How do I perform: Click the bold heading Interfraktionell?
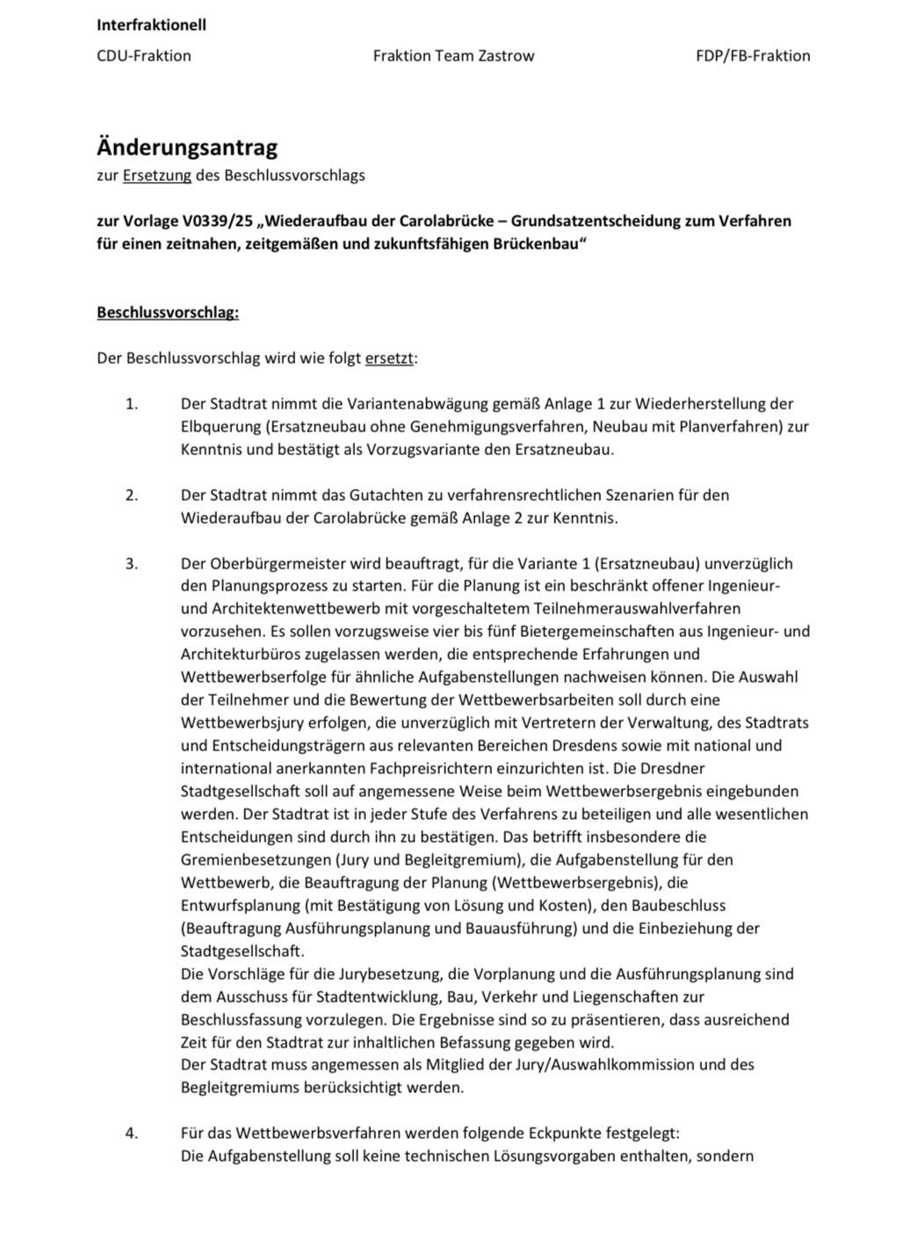(151, 25)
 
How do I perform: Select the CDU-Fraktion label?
(143, 55)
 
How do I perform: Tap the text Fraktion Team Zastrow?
(453, 55)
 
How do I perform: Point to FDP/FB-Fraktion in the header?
(753, 55)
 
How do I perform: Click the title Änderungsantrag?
(187, 147)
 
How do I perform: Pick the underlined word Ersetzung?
(156, 175)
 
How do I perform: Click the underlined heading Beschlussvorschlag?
(168, 313)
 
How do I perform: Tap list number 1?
(132, 404)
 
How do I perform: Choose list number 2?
(132, 495)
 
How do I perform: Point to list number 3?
(132, 563)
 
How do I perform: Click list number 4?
(132, 1134)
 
